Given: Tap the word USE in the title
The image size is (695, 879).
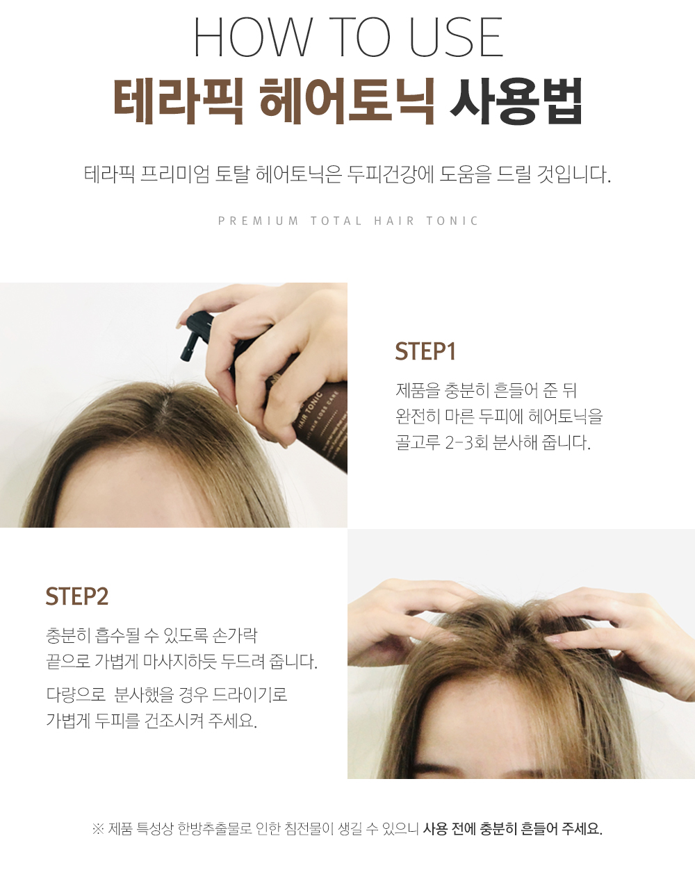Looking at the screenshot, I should click(x=456, y=37).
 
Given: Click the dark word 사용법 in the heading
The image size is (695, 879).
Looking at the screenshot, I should click(x=516, y=101).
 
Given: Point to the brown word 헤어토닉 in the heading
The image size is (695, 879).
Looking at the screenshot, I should click(x=347, y=101).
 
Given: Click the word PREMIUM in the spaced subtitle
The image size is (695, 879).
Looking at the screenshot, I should click(x=259, y=221).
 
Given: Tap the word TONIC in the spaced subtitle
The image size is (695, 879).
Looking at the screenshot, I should click(x=452, y=221).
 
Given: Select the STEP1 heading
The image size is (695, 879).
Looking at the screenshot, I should click(x=425, y=351).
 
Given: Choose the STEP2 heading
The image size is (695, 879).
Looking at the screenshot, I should click(x=77, y=596).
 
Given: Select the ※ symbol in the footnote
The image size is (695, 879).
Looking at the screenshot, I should click(x=98, y=829).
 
